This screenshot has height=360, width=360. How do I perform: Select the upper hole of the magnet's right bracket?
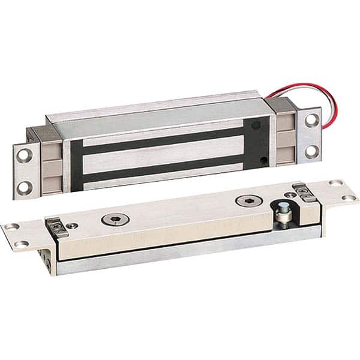(310, 119)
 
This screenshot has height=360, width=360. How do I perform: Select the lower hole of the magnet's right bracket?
(311, 149)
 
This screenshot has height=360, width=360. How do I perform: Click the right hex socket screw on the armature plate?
(245, 202)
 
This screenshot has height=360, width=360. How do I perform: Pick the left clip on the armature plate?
(55, 225)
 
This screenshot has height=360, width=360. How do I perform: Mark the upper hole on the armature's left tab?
(12, 226)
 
